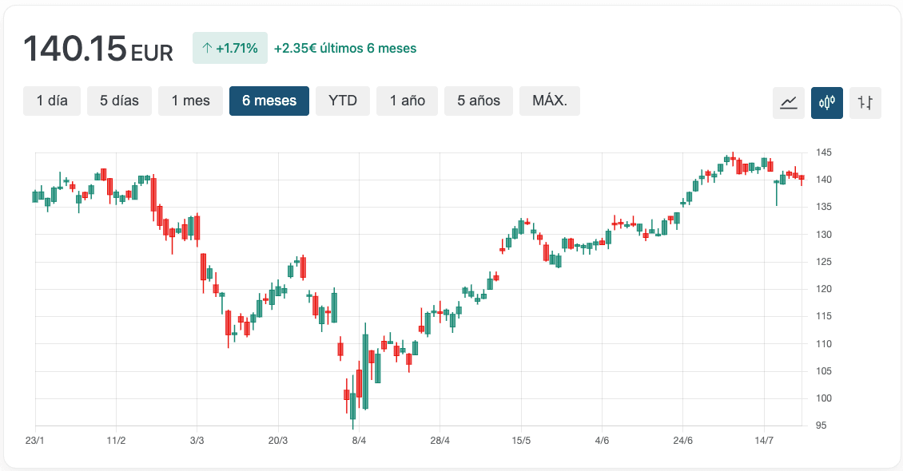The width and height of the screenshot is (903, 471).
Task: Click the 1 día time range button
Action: pos(52,101)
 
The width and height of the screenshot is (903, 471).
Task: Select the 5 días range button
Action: pos(119,101)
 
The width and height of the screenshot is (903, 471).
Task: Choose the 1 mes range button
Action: pos(190,101)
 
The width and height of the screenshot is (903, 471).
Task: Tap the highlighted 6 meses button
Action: pos(269,101)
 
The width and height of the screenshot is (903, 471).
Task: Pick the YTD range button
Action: pos(343,101)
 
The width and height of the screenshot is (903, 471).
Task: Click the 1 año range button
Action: pos(408,101)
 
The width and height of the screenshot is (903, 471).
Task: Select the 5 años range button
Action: pos(479,101)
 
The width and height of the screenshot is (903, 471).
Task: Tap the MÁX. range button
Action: pos(550,101)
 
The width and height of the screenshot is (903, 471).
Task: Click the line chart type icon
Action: pos(789,102)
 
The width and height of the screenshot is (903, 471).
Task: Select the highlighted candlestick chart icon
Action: pos(827,102)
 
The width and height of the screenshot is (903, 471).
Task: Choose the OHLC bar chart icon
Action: pos(865,102)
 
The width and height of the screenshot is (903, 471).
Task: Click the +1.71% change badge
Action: pos(230,48)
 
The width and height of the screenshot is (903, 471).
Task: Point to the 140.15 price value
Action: pos(75,49)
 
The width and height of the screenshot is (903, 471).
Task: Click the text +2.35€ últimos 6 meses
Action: pos(345,48)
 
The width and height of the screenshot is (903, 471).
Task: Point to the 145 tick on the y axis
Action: pos(824,152)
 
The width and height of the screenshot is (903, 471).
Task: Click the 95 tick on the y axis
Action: pos(821,425)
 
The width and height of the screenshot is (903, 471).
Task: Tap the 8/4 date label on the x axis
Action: pos(359,441)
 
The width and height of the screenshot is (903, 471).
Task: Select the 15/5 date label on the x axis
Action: pos(521,441)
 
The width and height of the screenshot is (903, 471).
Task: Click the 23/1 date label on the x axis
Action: pos(35,441)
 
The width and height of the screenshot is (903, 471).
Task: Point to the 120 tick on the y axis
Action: pos(824,289)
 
